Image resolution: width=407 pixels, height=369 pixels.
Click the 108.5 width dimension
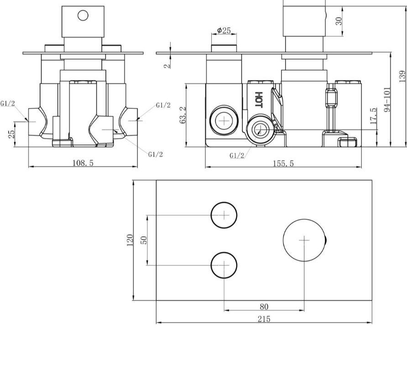tap(83, 163)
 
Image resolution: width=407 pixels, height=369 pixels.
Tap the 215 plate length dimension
tap(264, 319)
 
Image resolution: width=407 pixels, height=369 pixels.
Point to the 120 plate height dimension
tap(130, 240)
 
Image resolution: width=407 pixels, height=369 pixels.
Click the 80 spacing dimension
tap(264, 307)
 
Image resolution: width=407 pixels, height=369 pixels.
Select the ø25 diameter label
tap(224, 31)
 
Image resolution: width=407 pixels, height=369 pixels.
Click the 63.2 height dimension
tap(183, 115)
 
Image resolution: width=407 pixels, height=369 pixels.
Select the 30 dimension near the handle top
tap(339, 21)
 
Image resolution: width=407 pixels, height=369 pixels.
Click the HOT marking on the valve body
tap(258, 99)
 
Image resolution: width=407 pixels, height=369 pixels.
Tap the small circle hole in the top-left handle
tap(83, 15)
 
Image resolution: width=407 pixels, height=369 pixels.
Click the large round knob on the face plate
tap(304, 240)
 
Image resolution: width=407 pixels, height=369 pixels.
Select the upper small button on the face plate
tap(224, 215)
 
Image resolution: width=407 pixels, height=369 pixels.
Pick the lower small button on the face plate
tap(224, 265)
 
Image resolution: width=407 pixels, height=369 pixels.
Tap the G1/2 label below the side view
tap(236, 156)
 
